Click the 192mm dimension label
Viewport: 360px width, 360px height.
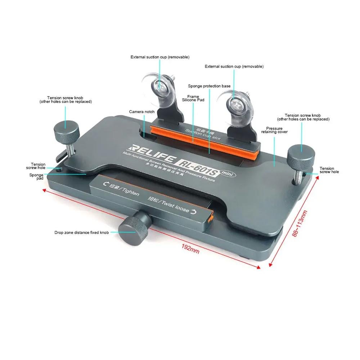pyautogui.click(x=190, y=249)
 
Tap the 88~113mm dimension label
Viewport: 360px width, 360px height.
pyautogui.click(x=300, y=224)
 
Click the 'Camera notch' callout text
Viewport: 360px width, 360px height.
pyautogui.click(x=141, y=112)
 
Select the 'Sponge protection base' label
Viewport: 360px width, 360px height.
pyautogui.click(x=209, y=86)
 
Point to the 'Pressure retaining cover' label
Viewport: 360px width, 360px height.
pyautogui.click(x=274, y=130)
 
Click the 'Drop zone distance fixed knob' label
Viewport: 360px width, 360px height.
pyautogui.click(x=81, y=233)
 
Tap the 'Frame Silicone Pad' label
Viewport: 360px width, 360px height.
pyautogui.click(x=193, y=98)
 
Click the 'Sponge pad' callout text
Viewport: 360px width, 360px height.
pyautogui.click(x=36, y=176)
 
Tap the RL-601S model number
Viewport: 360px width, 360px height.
pyautogui.click(x=198, y=167)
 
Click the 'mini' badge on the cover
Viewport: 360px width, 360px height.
pyautogui.click(x=228, y=174)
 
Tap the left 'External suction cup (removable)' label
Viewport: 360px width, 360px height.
pyautogui.click(x=160, y=57)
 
